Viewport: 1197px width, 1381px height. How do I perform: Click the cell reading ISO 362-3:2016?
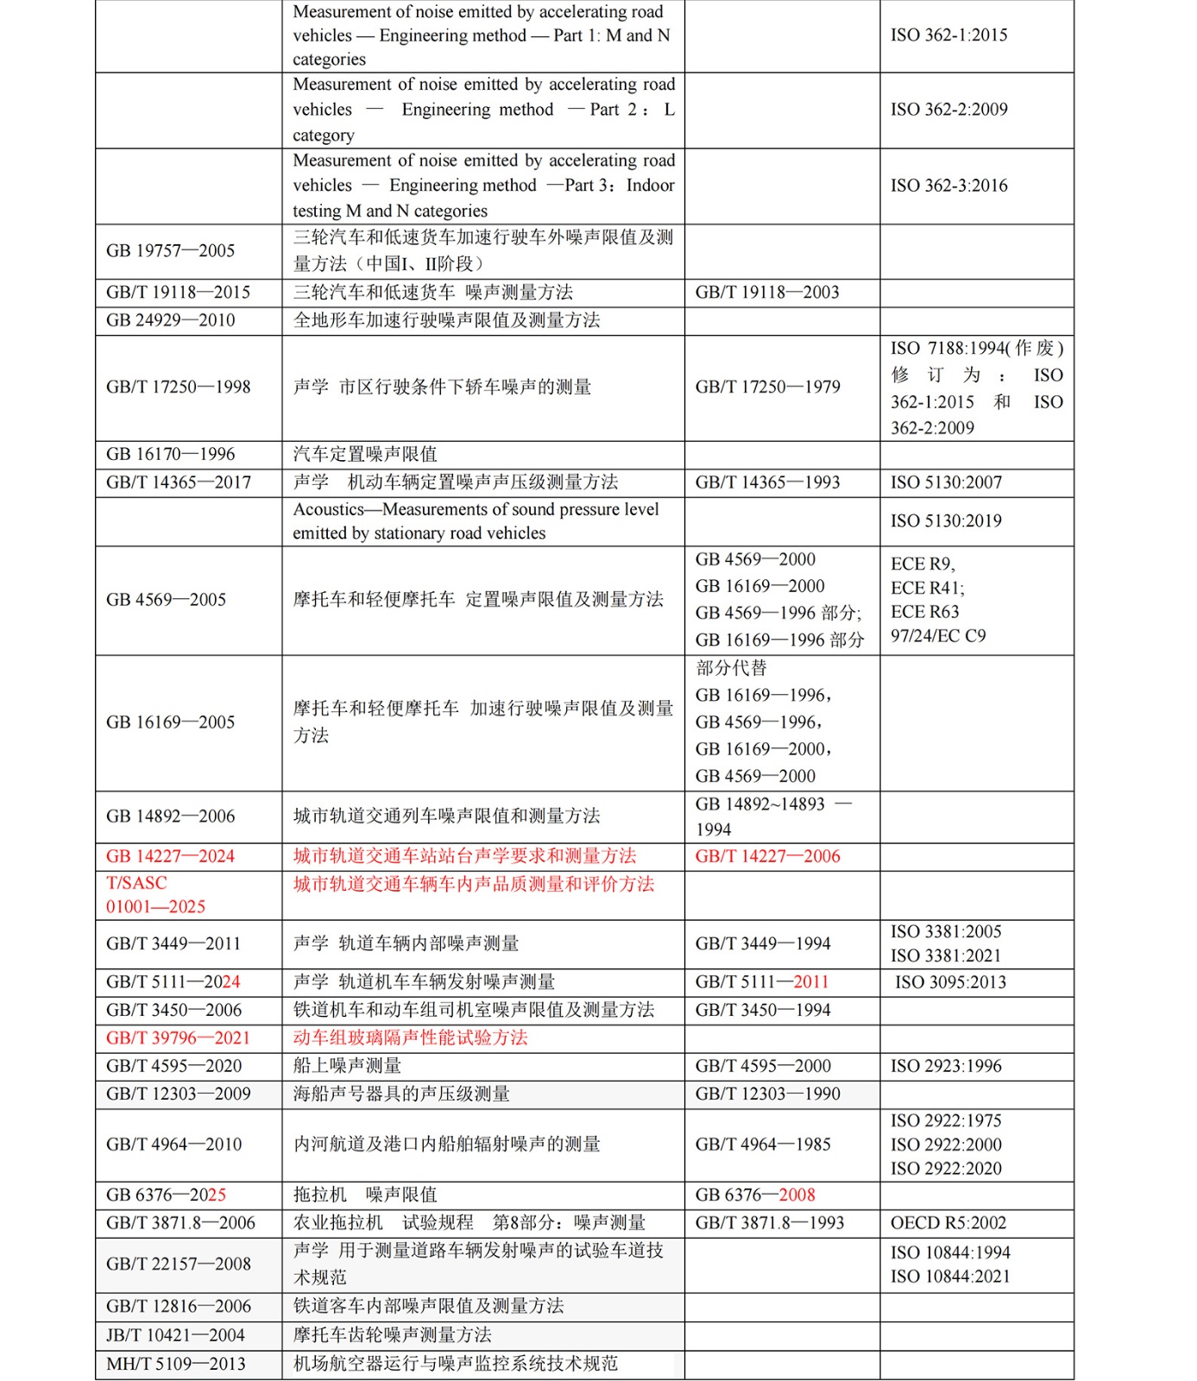(x=948, y=186)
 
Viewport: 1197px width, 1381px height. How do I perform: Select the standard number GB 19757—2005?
(x=170, y=251)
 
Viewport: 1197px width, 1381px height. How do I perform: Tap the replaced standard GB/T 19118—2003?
(x=766, y=293)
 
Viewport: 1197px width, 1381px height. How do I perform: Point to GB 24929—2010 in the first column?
(x=170, y=320)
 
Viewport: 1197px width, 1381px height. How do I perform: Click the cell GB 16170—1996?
(x=170, y=454)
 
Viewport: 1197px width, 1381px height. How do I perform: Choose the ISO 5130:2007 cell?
(x=946, y=482)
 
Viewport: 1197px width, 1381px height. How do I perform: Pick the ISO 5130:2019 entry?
(x=946, y=521)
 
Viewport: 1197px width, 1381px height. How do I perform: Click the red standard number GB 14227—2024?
(x=170, y=856)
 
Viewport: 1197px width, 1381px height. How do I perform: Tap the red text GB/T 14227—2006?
(x=767, y=856)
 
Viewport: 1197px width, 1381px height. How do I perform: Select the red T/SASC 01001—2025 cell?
(x=155, y=895)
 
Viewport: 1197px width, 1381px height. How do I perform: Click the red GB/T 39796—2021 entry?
(x=178, y=1037)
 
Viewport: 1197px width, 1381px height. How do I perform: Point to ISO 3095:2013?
(x=950, y=982)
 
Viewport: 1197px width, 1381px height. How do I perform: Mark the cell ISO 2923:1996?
(x=946, y=1066)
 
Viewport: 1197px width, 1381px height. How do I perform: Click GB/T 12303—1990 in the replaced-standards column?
(x=767, y=1094)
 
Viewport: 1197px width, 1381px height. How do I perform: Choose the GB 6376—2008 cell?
(x=755, y=1195)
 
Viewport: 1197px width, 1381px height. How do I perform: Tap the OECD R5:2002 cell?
(x=948, y=1223)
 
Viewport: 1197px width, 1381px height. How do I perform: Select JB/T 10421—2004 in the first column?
(x=175, y=1335)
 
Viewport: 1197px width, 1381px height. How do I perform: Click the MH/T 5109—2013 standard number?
(x=175, y=1364)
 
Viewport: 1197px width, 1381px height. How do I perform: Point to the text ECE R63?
(x=924, y=612)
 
